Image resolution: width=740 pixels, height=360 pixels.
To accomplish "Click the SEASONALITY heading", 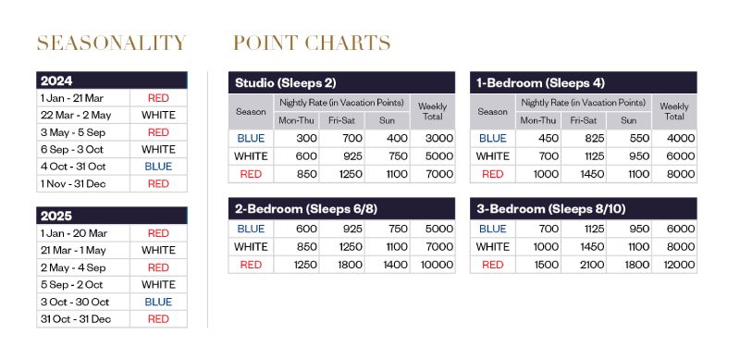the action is point(112,43).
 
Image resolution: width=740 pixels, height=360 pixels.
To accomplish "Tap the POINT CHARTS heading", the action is point(312,43).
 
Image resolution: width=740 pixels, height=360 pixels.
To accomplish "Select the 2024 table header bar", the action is point(112,81).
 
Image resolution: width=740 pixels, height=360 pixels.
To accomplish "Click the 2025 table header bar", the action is point(112,216).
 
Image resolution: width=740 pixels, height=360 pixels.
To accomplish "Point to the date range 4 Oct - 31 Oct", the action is point(73,167).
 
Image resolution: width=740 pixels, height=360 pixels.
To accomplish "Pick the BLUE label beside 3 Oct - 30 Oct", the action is point(158,302).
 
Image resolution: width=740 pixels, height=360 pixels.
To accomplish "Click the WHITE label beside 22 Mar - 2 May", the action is point(158,116).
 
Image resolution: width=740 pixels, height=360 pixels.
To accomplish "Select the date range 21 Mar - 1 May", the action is point(73,251).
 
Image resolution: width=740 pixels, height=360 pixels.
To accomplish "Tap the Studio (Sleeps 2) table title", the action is point(286,82).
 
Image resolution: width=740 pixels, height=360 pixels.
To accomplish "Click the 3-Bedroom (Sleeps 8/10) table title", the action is point(550,209).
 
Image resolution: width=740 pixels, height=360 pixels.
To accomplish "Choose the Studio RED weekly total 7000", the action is point(438,174).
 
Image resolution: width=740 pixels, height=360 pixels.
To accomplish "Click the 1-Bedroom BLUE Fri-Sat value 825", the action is point(594,139).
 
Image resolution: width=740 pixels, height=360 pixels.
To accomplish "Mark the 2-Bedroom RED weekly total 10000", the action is point(436,265).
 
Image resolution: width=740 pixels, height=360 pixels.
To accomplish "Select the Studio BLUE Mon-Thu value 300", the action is point(307,139).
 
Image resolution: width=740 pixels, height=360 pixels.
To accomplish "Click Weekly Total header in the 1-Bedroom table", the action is point(674,111).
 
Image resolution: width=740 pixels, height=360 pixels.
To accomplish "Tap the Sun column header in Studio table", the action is point(387,120).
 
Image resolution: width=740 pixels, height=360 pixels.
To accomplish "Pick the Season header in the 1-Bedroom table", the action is point(493,112).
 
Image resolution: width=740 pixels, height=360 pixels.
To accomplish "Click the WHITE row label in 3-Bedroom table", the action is point(493,246).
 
